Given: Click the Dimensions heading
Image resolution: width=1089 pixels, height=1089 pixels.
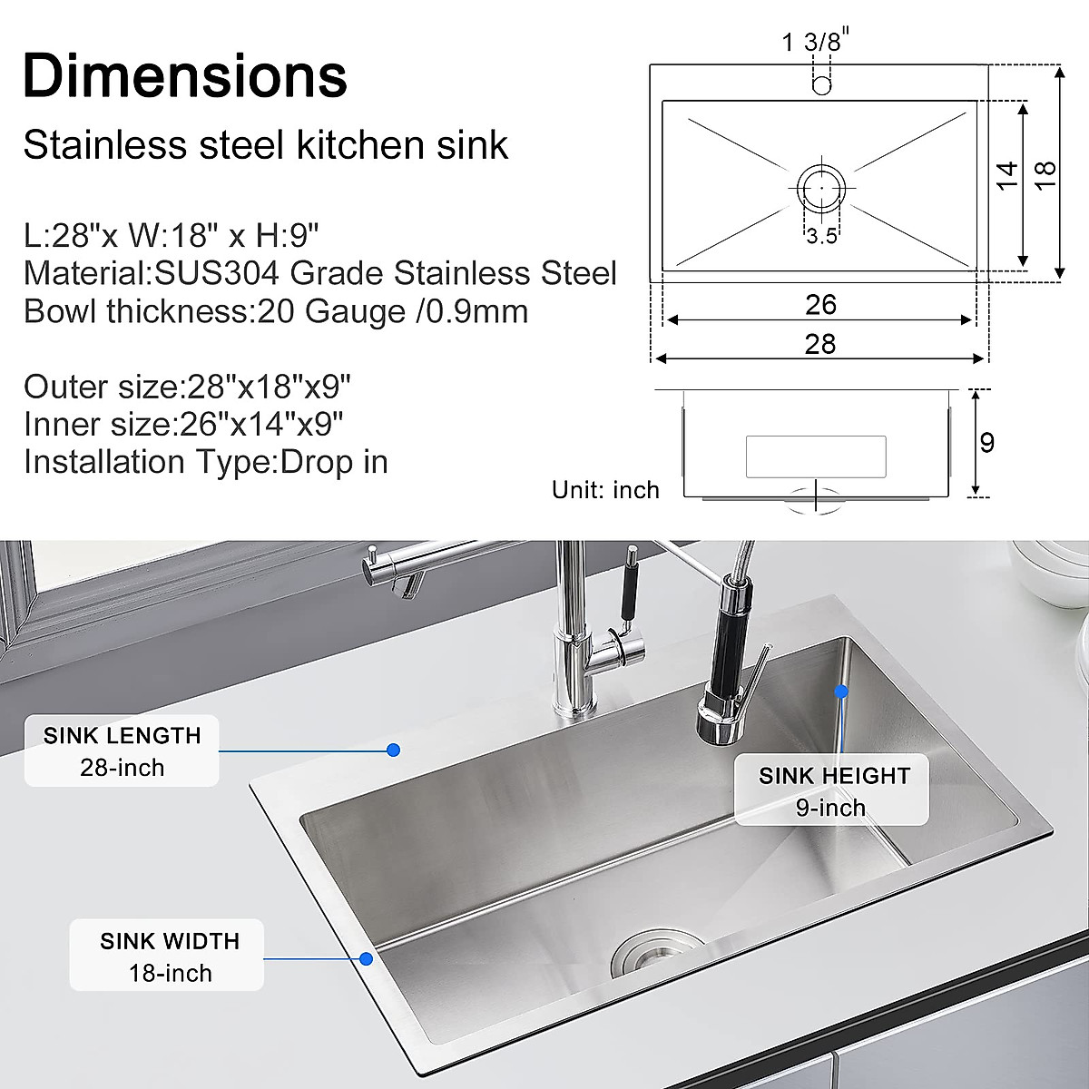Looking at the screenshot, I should pyautogui.click(x=185, y=75).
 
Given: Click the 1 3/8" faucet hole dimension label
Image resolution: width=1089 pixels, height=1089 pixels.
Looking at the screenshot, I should pyautogui.click(x=813, y=41).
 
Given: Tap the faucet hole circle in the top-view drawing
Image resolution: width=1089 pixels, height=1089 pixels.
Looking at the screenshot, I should pyautogui.click(x=822, y=85).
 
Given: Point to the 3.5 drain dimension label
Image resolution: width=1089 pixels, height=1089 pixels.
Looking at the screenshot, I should pyautogui.click(x=821, y=237).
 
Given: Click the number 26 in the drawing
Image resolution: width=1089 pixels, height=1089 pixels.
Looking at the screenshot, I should pyautogui.click(x=820, y=305).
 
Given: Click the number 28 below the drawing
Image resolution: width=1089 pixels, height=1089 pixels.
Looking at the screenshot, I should pyautogui.click(x=820, y=344).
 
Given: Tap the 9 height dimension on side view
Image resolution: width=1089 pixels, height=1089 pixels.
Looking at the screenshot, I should pyautogui.click(x=987, y=442).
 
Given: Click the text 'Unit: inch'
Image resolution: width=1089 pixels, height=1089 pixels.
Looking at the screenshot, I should pyautogui.click(x=605, y=490).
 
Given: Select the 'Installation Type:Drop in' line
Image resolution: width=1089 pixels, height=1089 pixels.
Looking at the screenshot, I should pyautogui.click(x=206, y=462).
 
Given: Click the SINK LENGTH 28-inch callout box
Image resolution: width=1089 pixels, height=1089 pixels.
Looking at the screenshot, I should pyautogui.click(x=122, y=751).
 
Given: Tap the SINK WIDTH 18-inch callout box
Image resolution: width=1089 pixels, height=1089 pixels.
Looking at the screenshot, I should pyautogui.click(x=169, y=957).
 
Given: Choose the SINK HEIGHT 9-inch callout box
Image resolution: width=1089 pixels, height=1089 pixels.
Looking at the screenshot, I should pyautogui.click(x=832, y=790).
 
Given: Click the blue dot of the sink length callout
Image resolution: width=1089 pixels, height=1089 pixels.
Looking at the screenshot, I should pyautogui.click(x=393, y=750).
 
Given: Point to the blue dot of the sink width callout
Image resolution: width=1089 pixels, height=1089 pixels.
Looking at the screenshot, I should pyautogui.click(x=367, y=957).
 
